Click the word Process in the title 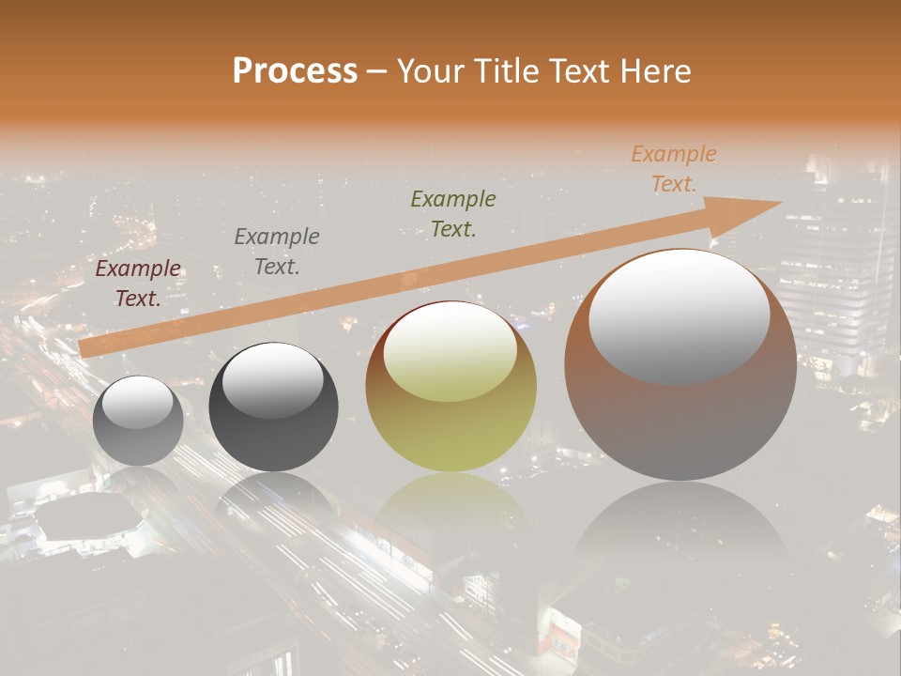pos(295,71)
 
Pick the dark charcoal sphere pos(273,441)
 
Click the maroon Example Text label pos(138,284)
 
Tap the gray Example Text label pos(277,252)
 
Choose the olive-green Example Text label pos(453,213)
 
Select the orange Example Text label pos(674,169)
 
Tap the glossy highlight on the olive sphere pos(450,352)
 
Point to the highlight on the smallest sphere pos(138,402)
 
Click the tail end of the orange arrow pos(89,347)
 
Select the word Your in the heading pos(429,71)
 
